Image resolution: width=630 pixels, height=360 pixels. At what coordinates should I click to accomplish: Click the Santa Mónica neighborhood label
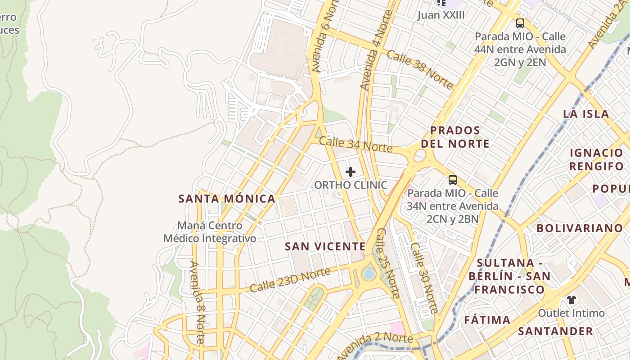click(227, 199)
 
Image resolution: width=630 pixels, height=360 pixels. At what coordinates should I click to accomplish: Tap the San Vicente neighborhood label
click(325, 247)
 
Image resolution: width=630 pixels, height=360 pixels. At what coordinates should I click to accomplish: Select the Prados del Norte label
click(459, 137)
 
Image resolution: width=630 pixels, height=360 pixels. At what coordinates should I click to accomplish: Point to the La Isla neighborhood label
click(586, 114)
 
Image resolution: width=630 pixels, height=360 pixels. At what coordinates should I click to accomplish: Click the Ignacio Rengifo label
click(596, 159)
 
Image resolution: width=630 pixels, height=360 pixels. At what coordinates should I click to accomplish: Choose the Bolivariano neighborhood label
click(580, 228)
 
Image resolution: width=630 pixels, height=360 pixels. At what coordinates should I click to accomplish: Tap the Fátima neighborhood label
click(487, 320)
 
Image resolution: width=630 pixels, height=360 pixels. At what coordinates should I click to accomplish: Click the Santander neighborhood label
click(555, 332)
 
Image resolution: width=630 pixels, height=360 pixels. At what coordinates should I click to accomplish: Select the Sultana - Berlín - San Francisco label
click(506, 276)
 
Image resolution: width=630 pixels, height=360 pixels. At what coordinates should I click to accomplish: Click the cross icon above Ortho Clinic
click(351, 172)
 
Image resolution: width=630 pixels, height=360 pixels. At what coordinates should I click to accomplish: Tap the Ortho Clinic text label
click(351, 185)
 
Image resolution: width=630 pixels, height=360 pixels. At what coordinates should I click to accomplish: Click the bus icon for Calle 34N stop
click(453, 180)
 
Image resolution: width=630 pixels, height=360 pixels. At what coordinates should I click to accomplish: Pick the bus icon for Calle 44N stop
click(520, 23)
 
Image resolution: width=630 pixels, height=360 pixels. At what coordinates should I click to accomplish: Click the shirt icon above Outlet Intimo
click(571, 300)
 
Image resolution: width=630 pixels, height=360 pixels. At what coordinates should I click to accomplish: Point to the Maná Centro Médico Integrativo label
click(210, 232)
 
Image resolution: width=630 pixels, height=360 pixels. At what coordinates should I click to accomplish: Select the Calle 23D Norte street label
click(290, 280)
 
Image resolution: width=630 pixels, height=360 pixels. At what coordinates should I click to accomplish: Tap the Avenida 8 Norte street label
click(198, 302)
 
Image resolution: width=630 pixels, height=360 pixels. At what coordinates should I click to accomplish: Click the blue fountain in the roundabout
click(369, 274)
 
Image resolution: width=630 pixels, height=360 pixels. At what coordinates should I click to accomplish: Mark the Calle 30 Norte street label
click(424, 278)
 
